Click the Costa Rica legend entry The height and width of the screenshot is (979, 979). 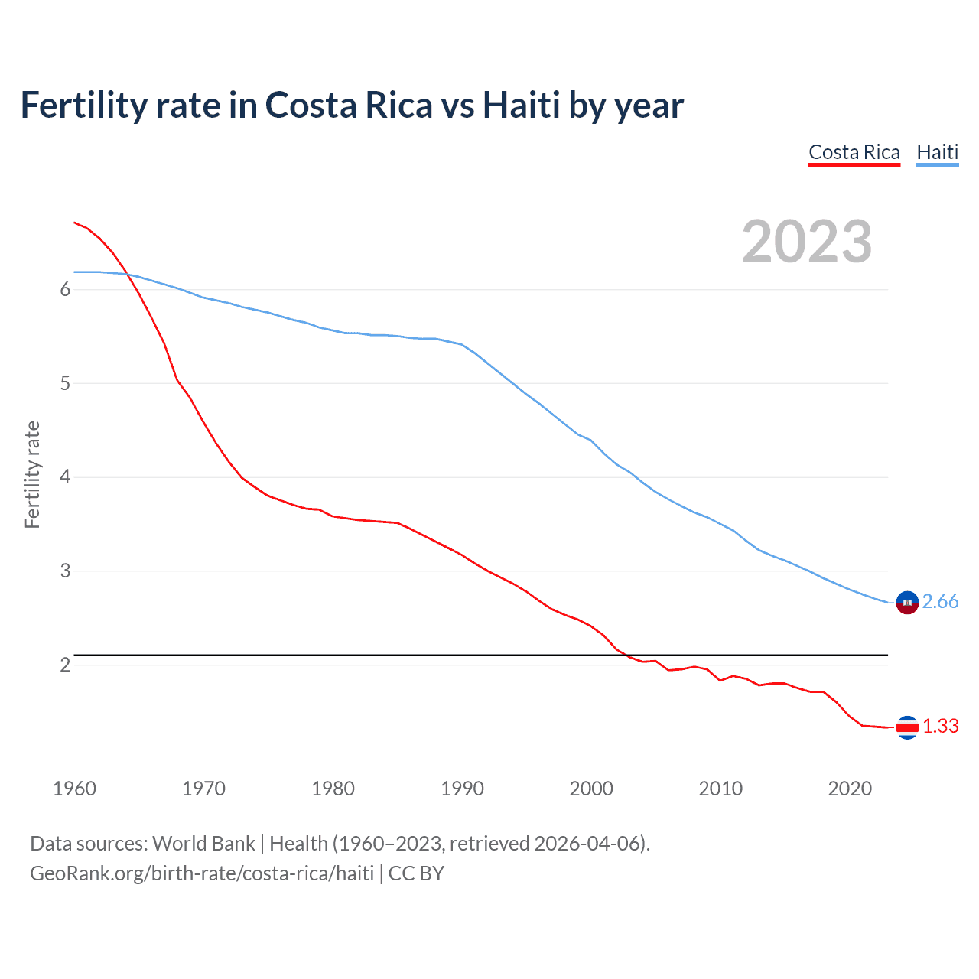tap(854, 152)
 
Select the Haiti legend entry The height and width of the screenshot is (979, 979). tap(937, 152)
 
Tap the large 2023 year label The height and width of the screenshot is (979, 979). tap(806, 242)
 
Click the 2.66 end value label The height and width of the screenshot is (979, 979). tap(940, 602)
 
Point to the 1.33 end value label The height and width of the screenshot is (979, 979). tap(940, 727)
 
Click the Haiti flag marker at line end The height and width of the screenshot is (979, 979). tap(907, 603)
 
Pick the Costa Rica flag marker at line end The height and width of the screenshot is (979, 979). tap(907, 727)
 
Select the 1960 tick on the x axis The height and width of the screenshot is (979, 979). tap(74, 789)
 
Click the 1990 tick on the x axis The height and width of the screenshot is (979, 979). tap(462, 789)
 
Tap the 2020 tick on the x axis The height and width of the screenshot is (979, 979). tap(850, 789)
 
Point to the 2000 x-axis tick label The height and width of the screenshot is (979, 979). tap(591, 789)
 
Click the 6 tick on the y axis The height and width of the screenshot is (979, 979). tap(65, 289)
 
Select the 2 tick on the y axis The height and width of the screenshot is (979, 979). tap(65, 665)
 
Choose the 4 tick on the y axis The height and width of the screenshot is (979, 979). tap(65, 477)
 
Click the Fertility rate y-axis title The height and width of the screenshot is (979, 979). tap(32, 474)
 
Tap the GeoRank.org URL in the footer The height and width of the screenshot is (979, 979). tap(202, 873)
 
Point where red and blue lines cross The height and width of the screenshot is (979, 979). tap(126, 274)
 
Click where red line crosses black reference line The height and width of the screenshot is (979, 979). tap(623, 655)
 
